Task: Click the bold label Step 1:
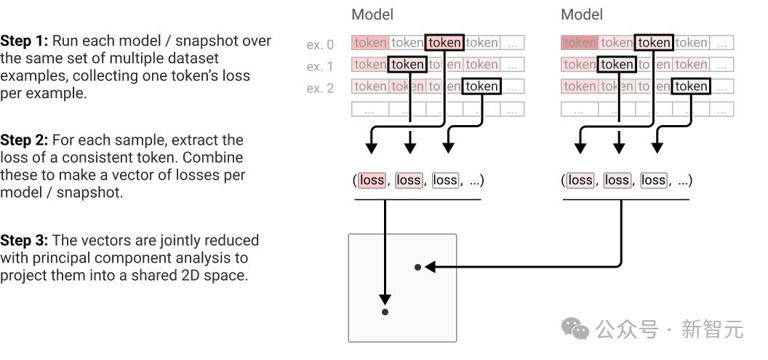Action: (24, 41)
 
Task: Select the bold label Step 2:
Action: (24, 140)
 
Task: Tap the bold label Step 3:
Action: (24, 240)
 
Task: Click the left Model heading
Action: (372, 15)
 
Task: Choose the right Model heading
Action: (582, 15)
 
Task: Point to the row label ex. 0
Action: (320, 45)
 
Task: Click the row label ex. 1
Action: (320, 67)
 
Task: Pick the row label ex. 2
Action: (320, 89)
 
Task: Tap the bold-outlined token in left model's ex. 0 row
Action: (444, 43)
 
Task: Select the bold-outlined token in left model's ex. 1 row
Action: (407, 65)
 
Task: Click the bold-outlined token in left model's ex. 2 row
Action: (482, 87)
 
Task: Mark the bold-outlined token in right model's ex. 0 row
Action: (654, 43)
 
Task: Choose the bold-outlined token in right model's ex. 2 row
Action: (691, 87)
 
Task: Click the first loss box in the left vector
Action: (372, 180)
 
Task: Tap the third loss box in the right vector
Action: (653, 180)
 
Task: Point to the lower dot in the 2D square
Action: (385, 312)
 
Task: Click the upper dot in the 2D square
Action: (417, 268)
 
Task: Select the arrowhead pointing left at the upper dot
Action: (430, 268)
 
